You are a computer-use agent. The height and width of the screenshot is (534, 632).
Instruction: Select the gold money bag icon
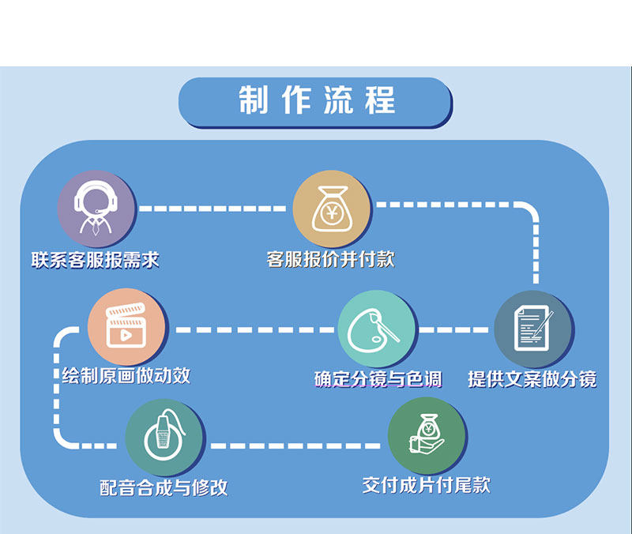click(x=331, y=209)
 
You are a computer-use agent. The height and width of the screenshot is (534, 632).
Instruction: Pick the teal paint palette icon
click(x=377, y=329)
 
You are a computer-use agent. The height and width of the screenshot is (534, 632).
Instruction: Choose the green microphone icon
click(x=164, y=437)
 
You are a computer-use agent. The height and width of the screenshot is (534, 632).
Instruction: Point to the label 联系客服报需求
click(x=96, y=260)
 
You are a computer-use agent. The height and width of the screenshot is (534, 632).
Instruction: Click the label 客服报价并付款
click(x=331, y=259)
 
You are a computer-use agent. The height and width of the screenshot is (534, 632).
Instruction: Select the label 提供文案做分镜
click(x=532, y=379)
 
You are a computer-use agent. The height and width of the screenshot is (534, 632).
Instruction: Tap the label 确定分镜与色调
click(x=378, y=379)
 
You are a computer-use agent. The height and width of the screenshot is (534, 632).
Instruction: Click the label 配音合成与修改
click(x=164, y=487)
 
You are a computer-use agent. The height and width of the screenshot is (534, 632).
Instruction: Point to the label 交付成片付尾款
click(x=427, y=484)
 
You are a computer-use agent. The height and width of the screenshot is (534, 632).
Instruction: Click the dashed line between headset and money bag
click(x=213, y=209)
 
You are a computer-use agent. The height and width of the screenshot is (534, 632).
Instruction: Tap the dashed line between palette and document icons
click(x=455, y=329)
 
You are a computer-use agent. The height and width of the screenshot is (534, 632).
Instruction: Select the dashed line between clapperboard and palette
click(x=253, y=329)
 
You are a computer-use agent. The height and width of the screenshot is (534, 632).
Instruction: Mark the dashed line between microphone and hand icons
click(x=296, y=446)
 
